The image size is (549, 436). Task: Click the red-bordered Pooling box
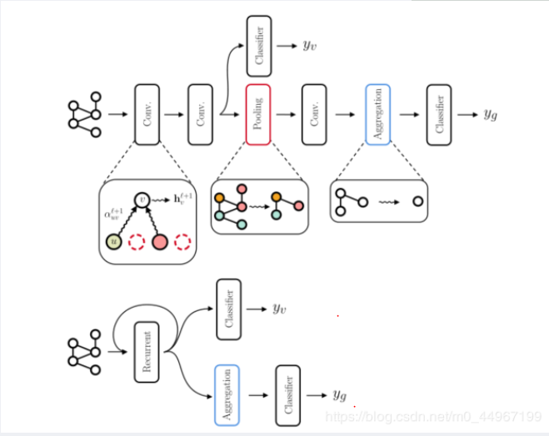(258, 114)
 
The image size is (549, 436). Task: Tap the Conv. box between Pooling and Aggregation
(315, 114)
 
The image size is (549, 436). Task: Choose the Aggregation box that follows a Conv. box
(377, 114)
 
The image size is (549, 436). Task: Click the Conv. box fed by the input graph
(147, 114)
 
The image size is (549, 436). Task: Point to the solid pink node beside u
(159, 242)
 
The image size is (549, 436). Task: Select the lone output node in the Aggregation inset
(417, 201)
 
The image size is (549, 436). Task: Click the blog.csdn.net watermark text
(433, 416)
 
